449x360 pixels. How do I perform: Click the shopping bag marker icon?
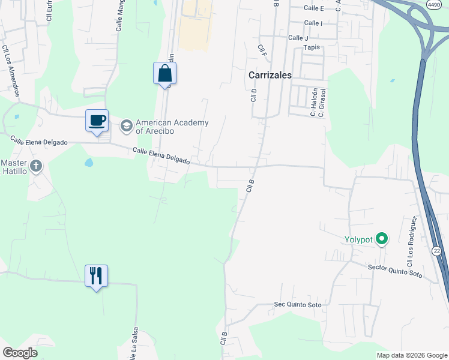pyautogui.click(x=164, y=74)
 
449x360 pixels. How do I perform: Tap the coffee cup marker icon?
pyautogui.click(x=97, y=121)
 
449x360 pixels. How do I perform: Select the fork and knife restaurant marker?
pyautogui.click(x=96, y=275)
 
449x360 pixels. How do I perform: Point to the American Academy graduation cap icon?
pyautogui.click(x=126, y=125)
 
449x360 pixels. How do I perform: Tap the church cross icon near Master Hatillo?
pyautogui.click(x=36, y=166)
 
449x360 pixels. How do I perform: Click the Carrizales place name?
pyautogui.click(x=270, y=76)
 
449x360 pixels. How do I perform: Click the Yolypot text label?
pyautogui.click(x=359, y=240)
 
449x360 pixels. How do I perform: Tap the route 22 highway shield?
pyautogui.click(x=438, y=251)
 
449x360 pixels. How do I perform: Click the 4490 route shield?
pyautogui.click(x=434, y=4)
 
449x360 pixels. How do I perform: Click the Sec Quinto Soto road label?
pyautogui.click(x=298, y=305)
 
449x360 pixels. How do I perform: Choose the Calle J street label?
pyautogui.click(x=298, y=38)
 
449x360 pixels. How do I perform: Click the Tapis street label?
pyautogui.click(x=312, y=47)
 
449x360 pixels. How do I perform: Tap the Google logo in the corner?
pyautogui.click(x=20, y=353)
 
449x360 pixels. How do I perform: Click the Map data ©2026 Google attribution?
pyautogui.click(x=412, y=355)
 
